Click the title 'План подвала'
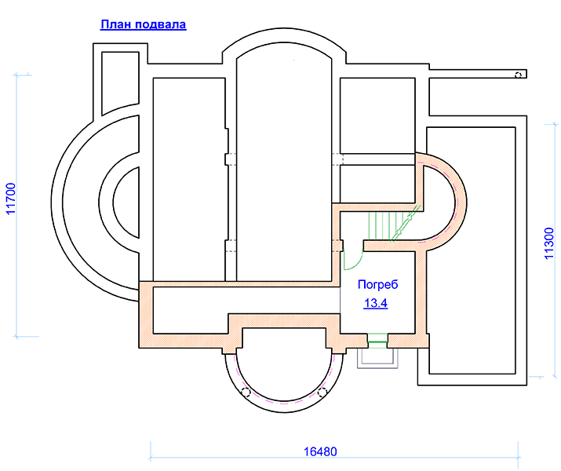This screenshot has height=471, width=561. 143,24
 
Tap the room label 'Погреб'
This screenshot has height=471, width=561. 378,284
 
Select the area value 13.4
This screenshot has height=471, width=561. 376,304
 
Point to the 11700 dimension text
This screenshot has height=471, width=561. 11,204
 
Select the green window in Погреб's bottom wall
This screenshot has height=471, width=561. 378,341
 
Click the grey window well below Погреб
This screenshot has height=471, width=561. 378,357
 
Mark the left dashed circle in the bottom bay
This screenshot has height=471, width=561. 246,392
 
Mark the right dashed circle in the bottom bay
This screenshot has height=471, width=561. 322,392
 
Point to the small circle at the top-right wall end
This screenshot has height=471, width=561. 518,75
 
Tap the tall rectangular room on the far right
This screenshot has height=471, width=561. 475,251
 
